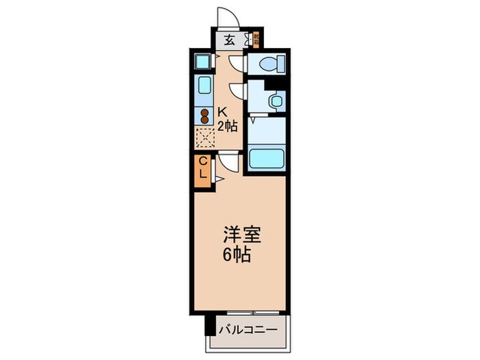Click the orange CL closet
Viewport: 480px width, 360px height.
[203, 168]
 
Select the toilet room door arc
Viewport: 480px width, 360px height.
[236, 62]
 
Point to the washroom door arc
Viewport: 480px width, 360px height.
[237, 90]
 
